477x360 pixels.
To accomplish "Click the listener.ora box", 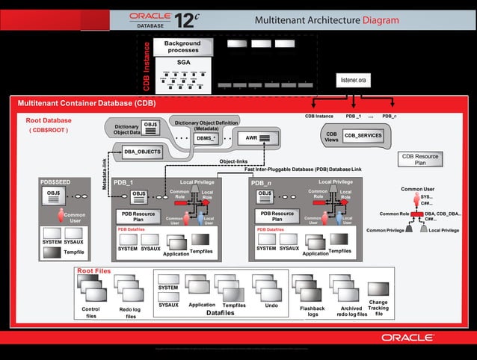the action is point(353,80).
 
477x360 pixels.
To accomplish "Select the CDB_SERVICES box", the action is point(363,135).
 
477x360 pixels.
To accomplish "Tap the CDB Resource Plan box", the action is point(420,159).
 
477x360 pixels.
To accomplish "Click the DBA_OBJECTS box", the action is point(142,152).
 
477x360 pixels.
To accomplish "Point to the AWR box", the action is point(258,138).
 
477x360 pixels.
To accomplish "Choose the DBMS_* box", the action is point(206,138).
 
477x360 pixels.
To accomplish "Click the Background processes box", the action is point(182,47).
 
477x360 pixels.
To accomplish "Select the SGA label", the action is point(182,63).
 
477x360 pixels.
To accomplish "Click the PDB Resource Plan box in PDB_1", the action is point(138,217).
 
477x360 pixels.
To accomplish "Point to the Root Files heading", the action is point(94,270).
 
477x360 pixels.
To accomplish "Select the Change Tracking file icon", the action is point(378,289).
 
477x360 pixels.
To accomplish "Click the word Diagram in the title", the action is point(381,20).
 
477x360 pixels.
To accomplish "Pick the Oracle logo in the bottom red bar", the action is point(409,338).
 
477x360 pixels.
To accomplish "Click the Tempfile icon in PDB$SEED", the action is point(52,252).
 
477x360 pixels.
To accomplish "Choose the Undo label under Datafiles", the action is point(271,305).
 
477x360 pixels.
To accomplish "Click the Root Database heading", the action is point(49,120).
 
